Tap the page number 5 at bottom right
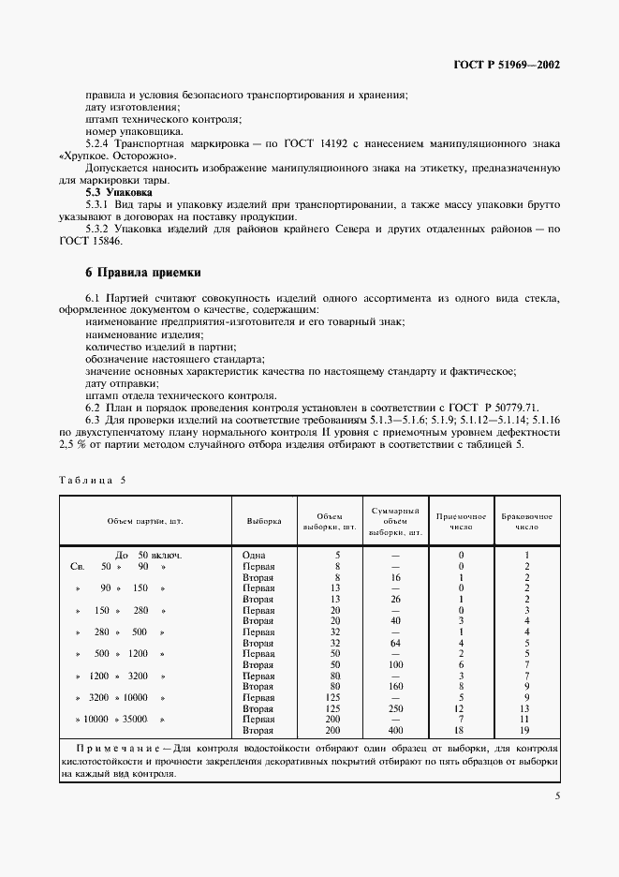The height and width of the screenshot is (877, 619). pyautogui.click(x=557, y=797)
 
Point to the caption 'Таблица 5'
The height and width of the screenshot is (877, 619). pyautogui.click(x=91, y=480)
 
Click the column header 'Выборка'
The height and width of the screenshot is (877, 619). pyautogui.click(x=263, y=521)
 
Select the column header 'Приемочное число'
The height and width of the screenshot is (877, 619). pyautogui.click(x=461, y=521)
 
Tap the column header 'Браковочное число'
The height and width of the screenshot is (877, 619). pyautogui.click(x=527, y=521)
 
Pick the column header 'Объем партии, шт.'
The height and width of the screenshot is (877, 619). pyautogui.click(x=143, y=521)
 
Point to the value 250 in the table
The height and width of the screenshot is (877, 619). pyautogui.click(x=395, y=707)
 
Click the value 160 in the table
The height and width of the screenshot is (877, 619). pyautogui.click(x=395, y=686)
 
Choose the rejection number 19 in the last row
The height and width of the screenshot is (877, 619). pyautogui.click(x=527, y=730)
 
